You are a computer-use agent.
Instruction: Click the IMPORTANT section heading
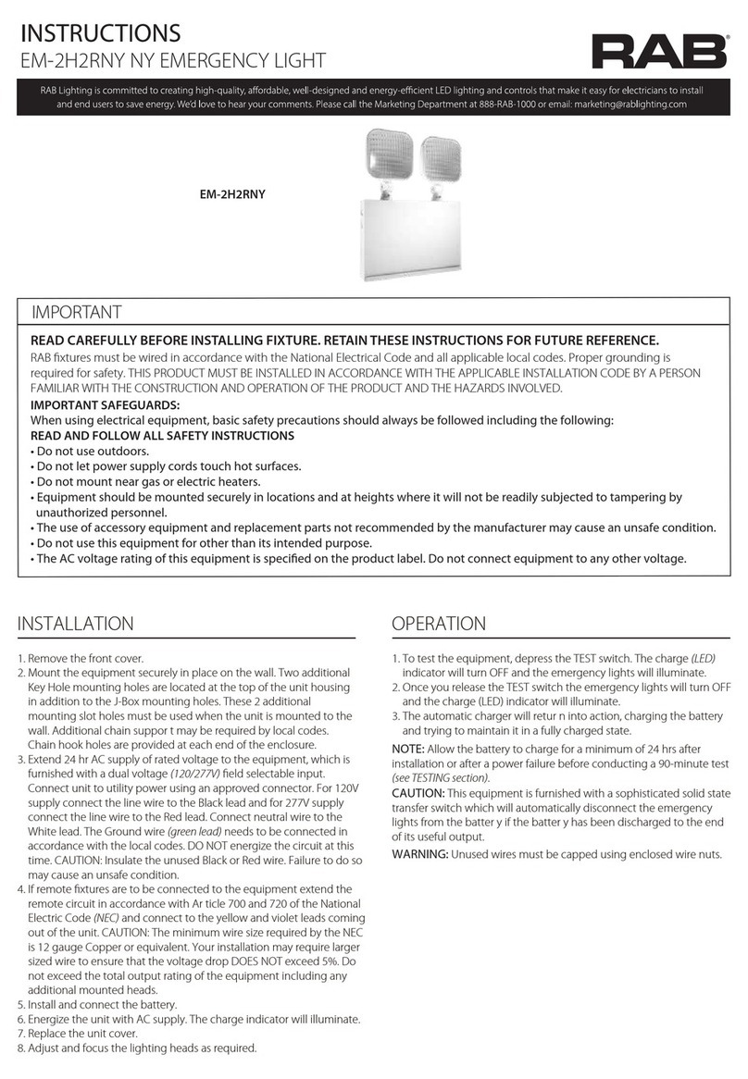(x=76, y=313)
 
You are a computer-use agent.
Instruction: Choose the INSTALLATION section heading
(x=76, y=624)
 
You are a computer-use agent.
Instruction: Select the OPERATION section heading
(x=439, y=624)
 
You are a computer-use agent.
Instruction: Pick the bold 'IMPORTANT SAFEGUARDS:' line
(x=106, y=405)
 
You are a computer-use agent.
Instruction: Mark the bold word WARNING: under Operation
(x=419, y=853)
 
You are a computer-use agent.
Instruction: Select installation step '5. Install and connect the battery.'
(x=98, y=1004)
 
